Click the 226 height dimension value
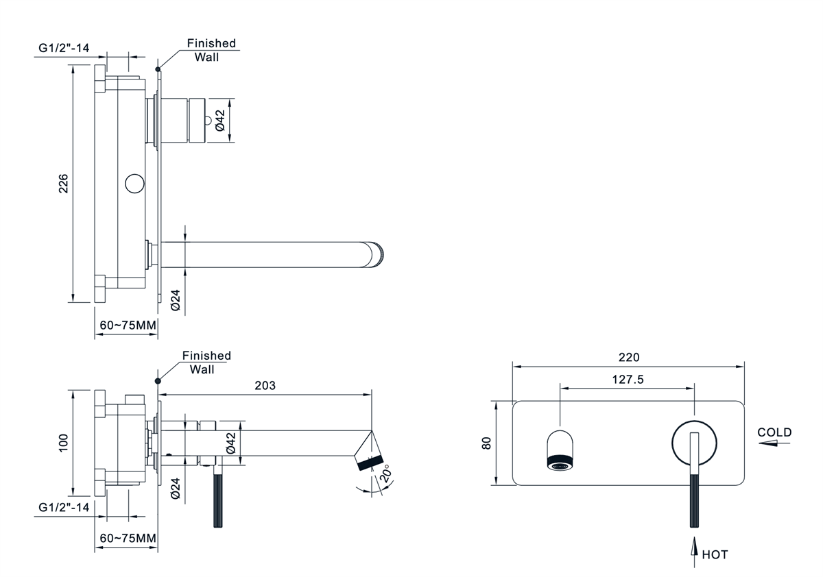point(63,184)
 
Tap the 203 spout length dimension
point(265,386)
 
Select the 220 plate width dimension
point(628,357)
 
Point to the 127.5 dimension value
point(628,380)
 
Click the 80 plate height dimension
point(487,443)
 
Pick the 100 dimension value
point(64,443)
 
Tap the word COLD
point(774,432)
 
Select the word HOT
point(715,554)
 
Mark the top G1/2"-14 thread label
point(64,49)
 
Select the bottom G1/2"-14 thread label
point(64,508)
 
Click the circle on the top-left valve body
point(134,184)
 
